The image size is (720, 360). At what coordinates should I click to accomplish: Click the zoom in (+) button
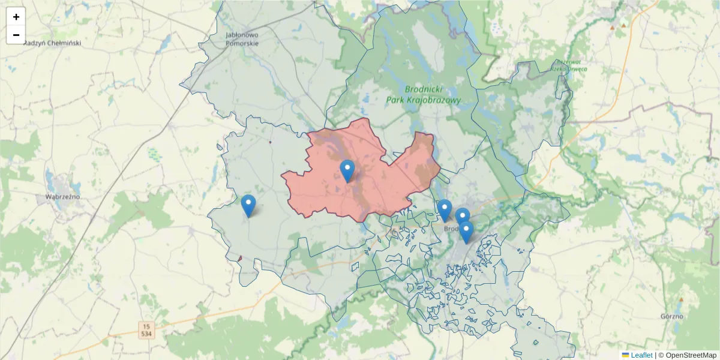point(16,17)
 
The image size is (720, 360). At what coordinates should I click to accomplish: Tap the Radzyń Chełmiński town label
point(52,43)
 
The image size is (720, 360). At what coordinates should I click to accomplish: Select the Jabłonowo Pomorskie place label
point(242,39)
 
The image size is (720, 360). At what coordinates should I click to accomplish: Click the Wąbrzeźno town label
point(62,196)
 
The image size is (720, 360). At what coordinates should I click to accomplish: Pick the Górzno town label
point(671,316)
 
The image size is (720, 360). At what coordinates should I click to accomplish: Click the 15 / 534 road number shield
point(146,329)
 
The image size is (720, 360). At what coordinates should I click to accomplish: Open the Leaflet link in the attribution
point(641,355)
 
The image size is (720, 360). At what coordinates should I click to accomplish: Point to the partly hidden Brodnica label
point(451,229)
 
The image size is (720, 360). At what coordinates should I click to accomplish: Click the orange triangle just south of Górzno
point(682,300)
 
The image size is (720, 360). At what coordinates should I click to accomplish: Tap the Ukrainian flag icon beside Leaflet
point(625,355)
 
